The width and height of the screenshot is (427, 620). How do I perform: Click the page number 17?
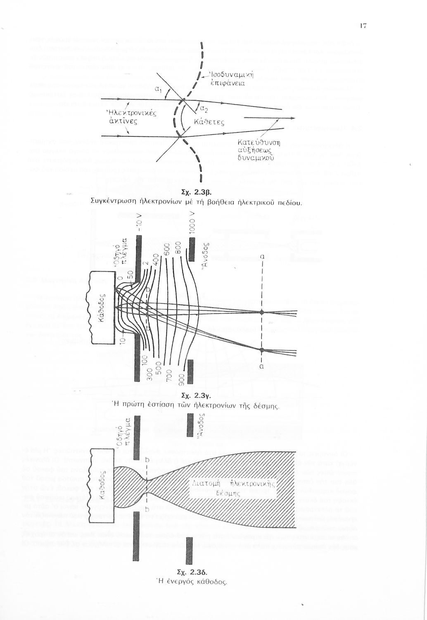tap(363, 26)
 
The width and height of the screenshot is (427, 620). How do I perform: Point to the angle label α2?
tap(204, 110)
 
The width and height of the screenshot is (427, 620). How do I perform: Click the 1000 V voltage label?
tap(191, 222)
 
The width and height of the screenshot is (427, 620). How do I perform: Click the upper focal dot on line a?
tap(261, 312)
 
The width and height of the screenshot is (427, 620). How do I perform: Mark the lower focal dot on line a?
tap(261, 350)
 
